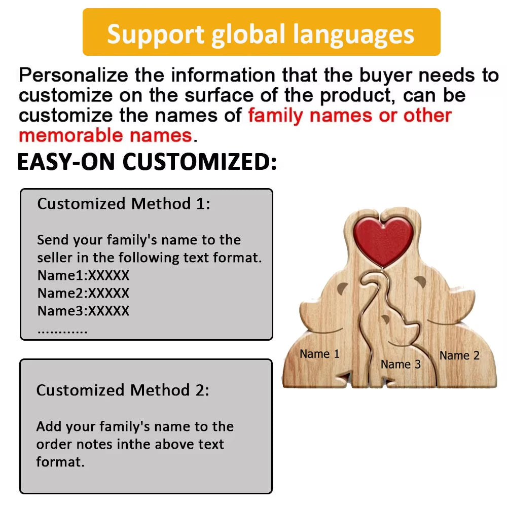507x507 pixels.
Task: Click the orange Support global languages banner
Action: [x=261, y=32]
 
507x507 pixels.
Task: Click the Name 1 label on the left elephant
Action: [x=319, y=354]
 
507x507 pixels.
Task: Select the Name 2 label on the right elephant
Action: [x=459, y=355]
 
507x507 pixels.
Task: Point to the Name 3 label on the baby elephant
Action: [x=401, y=365]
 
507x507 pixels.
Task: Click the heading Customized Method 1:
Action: [x=124, y=204]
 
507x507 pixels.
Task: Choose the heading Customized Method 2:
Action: [x=123, y=390]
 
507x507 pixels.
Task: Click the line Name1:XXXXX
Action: [x=84, y=275]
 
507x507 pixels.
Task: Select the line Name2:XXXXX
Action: [x=84, y=293]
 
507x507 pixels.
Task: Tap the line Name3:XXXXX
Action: [x=84, y=311]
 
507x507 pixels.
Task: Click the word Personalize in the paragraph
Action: [x=74, y=76]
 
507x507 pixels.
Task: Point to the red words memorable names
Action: [x=106, y=135]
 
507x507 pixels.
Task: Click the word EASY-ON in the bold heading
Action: [x=66, y=162]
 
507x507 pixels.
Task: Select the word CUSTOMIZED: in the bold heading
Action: [x=199, y=162]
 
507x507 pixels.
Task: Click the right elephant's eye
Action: [x=420, y=281]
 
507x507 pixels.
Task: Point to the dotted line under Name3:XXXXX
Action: [x=62, y=332]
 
